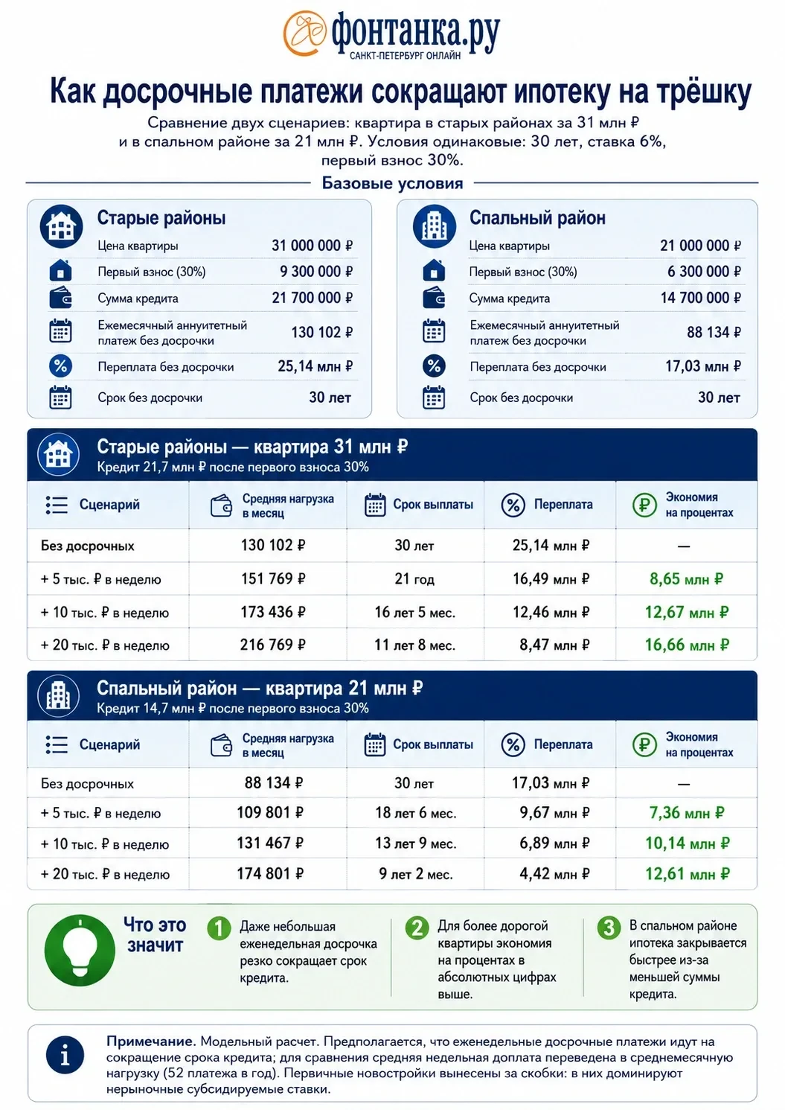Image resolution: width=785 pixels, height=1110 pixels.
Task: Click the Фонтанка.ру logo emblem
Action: [305, 34]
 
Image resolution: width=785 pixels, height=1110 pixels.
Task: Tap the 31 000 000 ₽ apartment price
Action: [312, 245]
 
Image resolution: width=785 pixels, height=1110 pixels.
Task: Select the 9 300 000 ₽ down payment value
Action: [316, 272]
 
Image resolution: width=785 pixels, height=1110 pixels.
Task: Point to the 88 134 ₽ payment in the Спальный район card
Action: [714, 332]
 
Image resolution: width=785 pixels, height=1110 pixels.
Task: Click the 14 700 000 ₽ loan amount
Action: [700, 298]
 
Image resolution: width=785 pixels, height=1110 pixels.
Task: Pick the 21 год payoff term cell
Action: [414, 578]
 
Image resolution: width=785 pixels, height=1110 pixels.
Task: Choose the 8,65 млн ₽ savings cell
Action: [686, 578]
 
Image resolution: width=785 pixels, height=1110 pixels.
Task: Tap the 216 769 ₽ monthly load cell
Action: [272, 645]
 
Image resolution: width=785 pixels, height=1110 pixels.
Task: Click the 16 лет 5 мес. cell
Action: [414, 613]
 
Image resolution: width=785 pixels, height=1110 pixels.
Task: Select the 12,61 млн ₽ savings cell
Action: [687, 873]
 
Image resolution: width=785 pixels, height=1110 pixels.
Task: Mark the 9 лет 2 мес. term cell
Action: [415, 873]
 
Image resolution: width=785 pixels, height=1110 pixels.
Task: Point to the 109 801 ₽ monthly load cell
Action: [270, 813]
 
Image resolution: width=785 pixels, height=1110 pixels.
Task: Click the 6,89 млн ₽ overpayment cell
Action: [554, 843]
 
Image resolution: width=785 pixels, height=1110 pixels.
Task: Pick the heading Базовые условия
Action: [392, 183]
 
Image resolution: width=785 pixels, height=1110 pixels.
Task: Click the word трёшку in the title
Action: [704, 92]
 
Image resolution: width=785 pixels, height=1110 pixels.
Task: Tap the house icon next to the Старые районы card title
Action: [62, 226]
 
